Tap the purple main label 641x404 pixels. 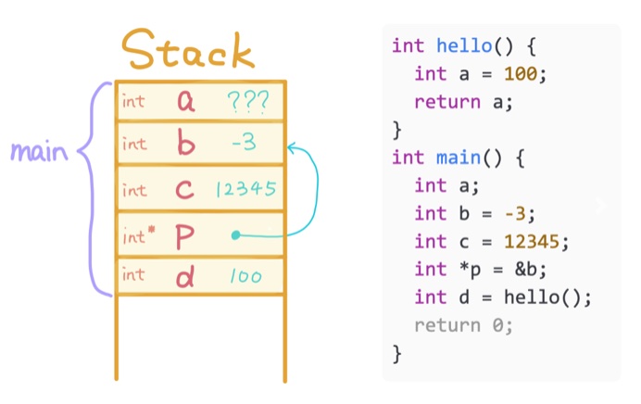[39, 151]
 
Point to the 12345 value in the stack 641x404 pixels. [245, 190]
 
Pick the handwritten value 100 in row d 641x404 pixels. [245, 276]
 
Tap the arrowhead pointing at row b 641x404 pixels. [291, 146]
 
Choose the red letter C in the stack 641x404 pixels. [185, 191]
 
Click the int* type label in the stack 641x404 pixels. [134, 235]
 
